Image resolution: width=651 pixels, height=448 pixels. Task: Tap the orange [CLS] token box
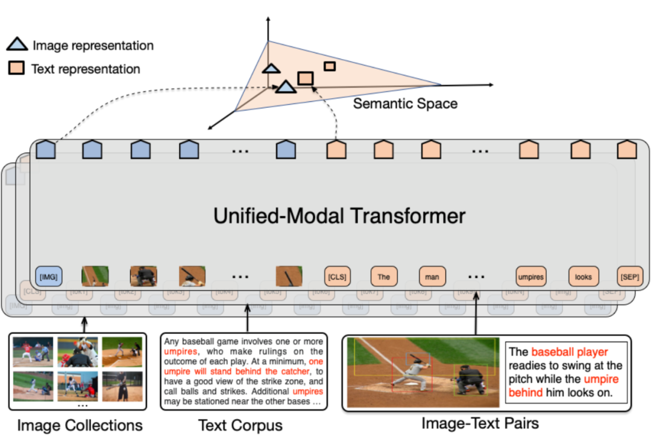coord(337,277)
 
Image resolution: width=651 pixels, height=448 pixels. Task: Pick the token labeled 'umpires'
coord(530,277)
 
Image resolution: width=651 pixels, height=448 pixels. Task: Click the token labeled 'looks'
coord(583,277)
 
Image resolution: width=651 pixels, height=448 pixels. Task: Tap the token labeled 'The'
coord(384,277)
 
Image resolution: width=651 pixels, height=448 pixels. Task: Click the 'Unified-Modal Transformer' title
coord(339,216)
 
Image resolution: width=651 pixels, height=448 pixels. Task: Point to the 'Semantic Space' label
coord(404,104)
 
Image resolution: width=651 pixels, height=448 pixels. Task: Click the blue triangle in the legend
coord(17,44)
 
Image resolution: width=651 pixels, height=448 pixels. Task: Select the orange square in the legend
coord(17,68)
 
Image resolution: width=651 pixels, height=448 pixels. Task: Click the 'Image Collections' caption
coord(80,426)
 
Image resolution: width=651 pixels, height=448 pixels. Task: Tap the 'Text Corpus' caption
coord(241,426)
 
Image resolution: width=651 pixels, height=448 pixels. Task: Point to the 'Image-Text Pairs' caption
coord(480,423)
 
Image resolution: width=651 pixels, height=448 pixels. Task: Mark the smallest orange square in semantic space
coord(329,66)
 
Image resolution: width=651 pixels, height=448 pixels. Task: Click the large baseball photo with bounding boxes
coord(423,371)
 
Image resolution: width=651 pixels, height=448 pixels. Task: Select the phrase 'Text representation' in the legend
coord(86,69)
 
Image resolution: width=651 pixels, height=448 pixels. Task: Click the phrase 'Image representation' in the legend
coord(93,45)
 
